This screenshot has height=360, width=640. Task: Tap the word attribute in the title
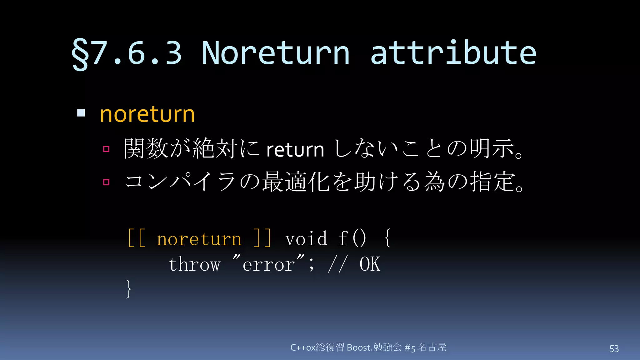tap(453, 53)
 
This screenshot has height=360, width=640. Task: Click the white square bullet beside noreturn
tap(81, 113)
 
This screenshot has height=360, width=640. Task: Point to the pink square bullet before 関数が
tap(106, 149)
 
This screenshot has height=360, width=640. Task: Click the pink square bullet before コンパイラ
tap(106, 182)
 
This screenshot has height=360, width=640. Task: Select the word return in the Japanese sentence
tap(295, 150)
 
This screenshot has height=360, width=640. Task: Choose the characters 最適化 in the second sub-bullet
tap(296, 182)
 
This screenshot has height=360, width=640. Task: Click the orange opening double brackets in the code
tap(137, 238)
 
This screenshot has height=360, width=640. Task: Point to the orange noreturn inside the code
tap(199, 239)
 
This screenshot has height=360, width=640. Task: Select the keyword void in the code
tap(306, 239)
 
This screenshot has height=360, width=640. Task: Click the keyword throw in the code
tap(194, 264)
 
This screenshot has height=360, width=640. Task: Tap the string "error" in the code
tap(269, 264)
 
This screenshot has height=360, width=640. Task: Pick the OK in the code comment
tap(370, 264)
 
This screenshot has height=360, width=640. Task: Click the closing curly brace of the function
tap(128, 289)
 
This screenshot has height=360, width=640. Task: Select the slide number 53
tap(614, 349)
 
